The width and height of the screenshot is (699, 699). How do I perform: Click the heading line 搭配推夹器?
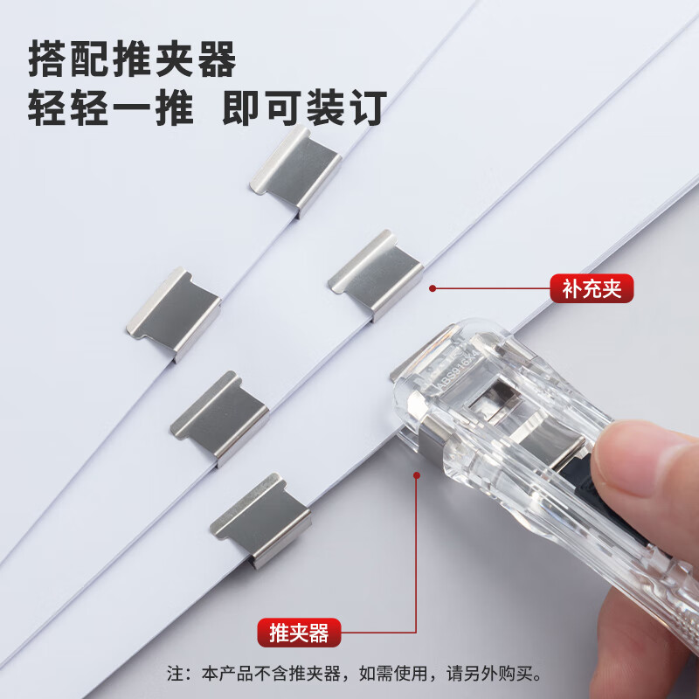pos(132,59)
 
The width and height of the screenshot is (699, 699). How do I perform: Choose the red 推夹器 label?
pos(299,631)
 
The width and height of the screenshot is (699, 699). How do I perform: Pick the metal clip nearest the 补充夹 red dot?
pos(376,273)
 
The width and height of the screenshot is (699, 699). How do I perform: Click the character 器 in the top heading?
pos(215,59)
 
